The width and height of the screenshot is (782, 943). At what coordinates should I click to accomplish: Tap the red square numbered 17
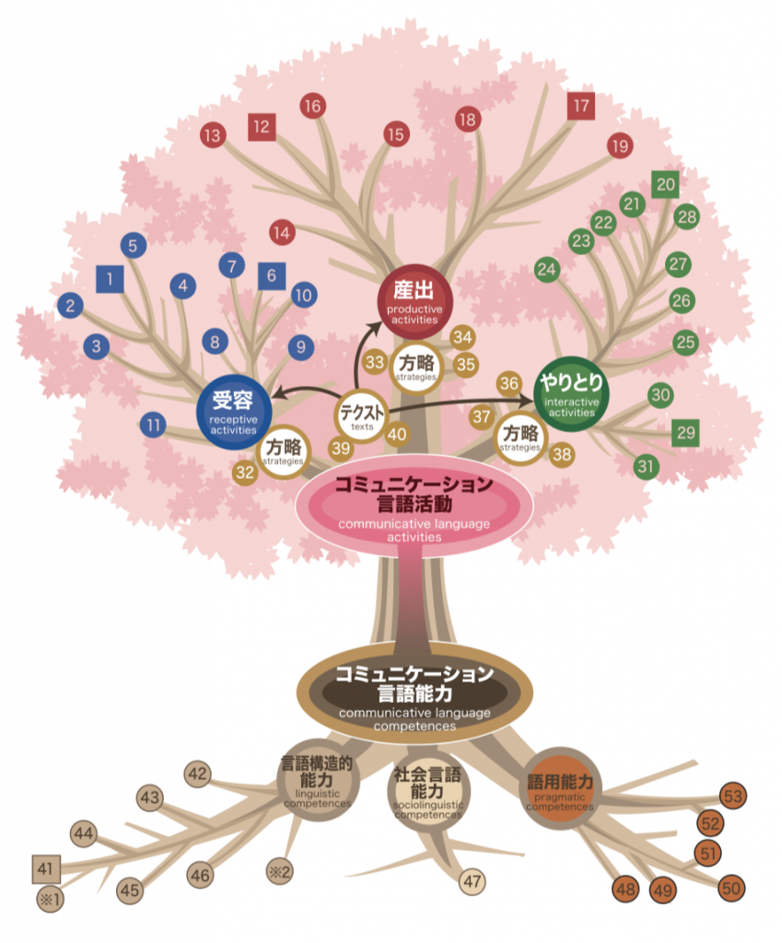pyautogui.click(x=580, y=106)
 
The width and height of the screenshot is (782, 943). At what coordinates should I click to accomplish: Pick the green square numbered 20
pyautogui.click(x=665, y=184)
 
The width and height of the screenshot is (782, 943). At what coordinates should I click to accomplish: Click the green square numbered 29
pyautogui.click(x=684, y=432)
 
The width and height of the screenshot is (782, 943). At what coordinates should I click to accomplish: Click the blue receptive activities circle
pyautogui.click(x=233, y=411)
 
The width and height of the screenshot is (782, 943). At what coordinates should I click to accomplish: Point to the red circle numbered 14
pyautogui.click(x=282, y=233)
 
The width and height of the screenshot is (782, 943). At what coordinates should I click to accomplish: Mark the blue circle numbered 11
pyautogui.click(x=154, y=425)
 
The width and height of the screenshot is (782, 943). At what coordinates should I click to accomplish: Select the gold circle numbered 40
pyautogui.click(x=397, y=434)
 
